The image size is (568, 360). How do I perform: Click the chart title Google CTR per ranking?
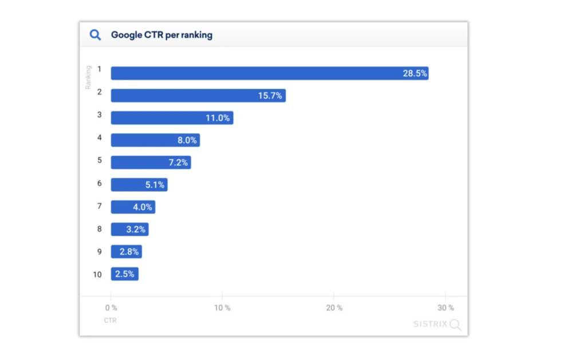pyautogui.click(x=161, y=35)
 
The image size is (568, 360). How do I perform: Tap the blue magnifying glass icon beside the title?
pyautogui.click(x=95, y=35)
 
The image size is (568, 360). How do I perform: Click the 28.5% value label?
pyautogui.click(x=415, y=73)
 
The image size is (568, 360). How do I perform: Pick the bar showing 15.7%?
pyautogui.click(x=198, y=96)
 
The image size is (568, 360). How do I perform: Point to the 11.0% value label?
pyautogui.click(x=218, y=118)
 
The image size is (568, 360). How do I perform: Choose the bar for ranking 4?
pyautogui.click(x=155, y=140)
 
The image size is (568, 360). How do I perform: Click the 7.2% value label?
pyautogui.click(x=178, y=163)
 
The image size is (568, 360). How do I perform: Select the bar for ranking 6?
pyautogui.click(x=139, y=185)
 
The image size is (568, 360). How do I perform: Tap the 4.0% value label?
pyautogui.click(x=143, y=207)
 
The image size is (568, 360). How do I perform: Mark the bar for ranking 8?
pyautogui.click(x=129, y=230)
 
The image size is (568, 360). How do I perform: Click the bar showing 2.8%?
pyautogui.click(x=126, y=252)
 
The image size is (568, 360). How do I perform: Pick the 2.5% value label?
pyautogui.click(x=124, y=274)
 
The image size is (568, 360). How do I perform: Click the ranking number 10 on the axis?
pyautogui.click(x=97, y=275)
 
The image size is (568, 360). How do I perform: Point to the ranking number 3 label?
pyautogui.click(x=99, y=115)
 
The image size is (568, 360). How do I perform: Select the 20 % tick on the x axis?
pyautogui.click(x=334, y=308)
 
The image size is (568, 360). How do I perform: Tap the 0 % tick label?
pyautogui.click(x=111, y=308)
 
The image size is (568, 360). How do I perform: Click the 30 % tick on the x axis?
pyautogui.click(x=446, y=308)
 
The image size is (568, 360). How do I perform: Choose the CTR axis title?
pyautogui.click(x=110, y=321)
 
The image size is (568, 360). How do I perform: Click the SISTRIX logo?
pyautogui.click(x=437, y=325)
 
